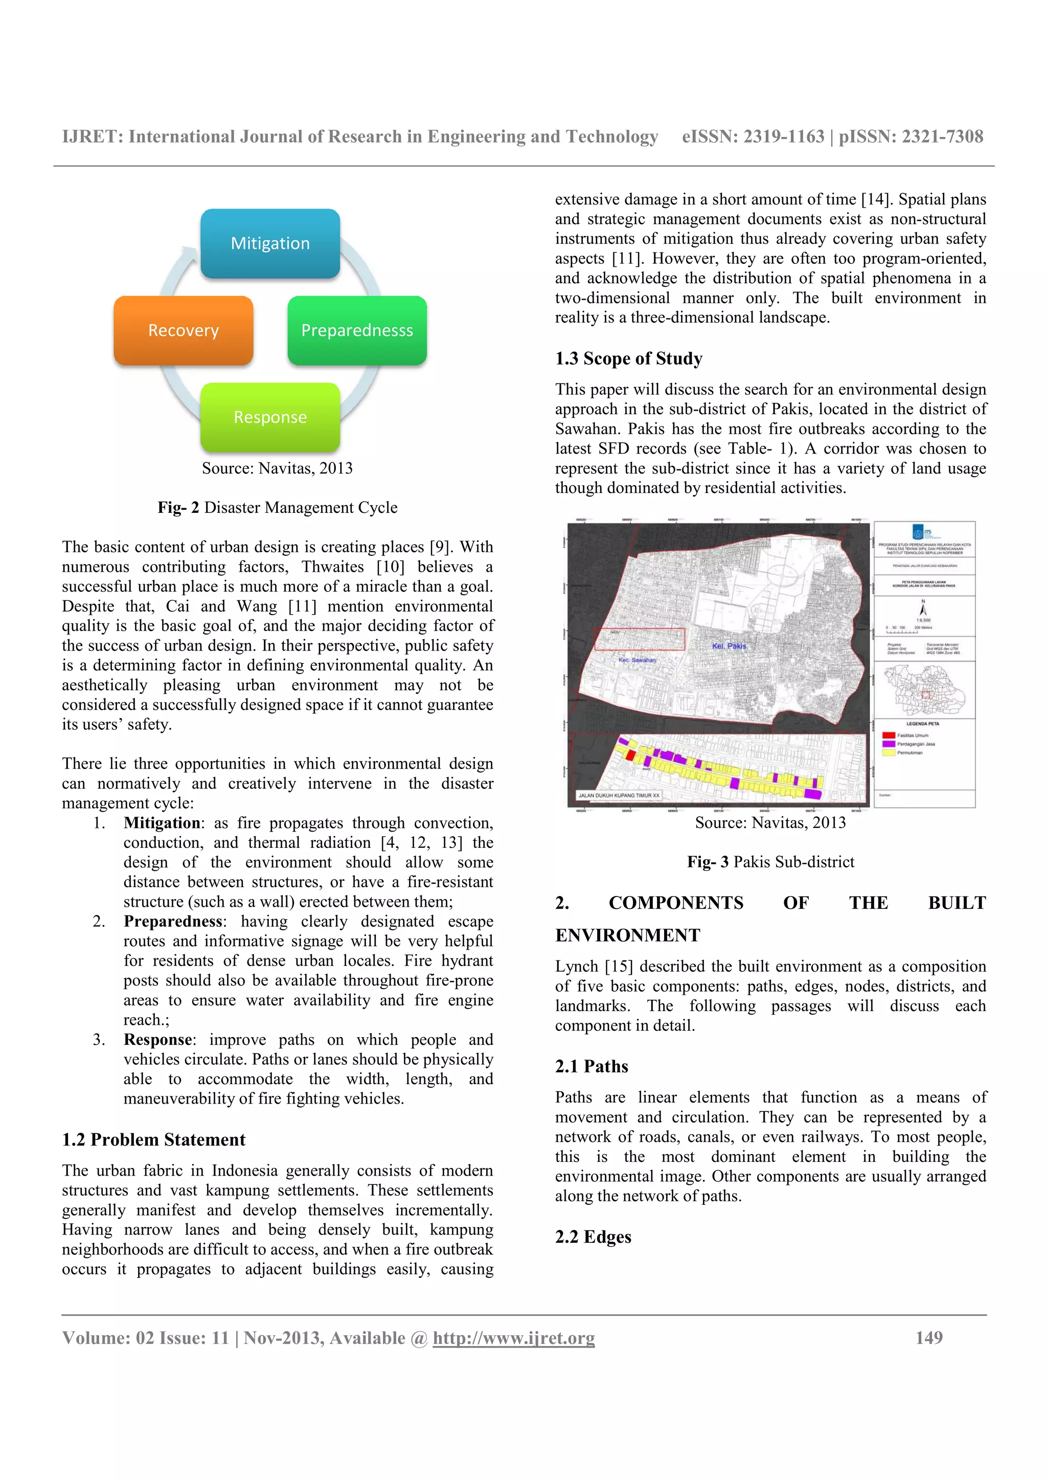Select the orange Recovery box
click(183, 330)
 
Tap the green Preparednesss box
click(357, 330)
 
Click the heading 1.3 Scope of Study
click(628, 358)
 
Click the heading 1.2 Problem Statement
click(153, 1139)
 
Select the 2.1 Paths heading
click(591, 1066)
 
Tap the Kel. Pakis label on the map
click(729, 645)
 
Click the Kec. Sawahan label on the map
click(636, 660)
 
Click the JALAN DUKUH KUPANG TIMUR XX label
click(619, 795)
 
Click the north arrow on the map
click(923, 608)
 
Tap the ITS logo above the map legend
click(919, 532)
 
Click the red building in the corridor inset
click(631, 755)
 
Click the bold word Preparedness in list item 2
click(173, 921)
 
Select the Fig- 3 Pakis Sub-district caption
click(770, 862)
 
